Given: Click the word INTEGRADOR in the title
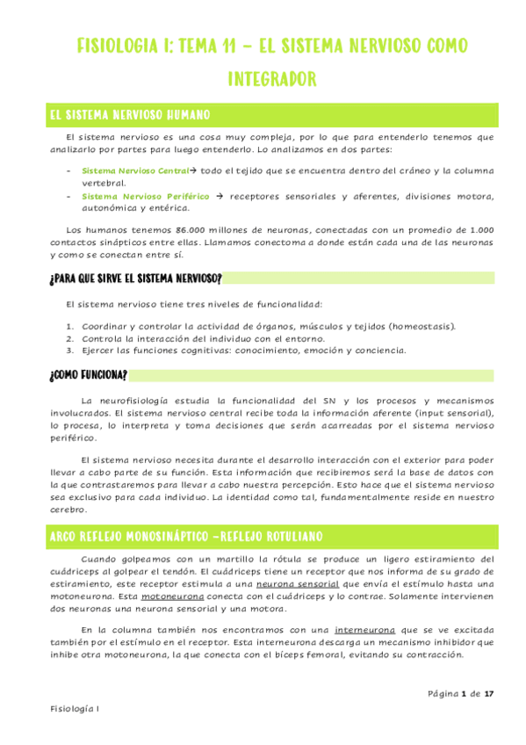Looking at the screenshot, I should tap(271, 80).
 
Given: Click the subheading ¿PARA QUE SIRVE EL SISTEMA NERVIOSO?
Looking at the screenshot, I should tap(135, 278).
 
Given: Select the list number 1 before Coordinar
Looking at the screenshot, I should tap(70, 326).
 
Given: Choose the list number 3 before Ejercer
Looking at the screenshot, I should tap(70, 349).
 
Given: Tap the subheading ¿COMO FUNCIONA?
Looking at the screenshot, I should tap(88, 375).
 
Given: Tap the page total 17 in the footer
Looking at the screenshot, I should tap(489, 693).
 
